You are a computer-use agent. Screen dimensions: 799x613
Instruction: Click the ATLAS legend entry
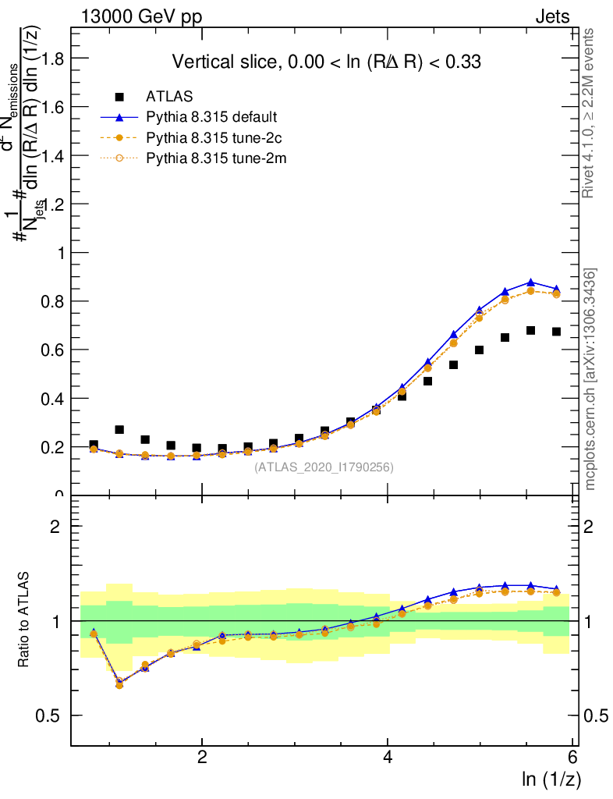[x=164, y=97]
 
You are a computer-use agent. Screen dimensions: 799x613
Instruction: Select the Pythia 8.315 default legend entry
[x=211, y=117]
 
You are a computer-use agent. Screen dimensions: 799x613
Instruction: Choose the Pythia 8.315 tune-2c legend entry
[x=211, y=138]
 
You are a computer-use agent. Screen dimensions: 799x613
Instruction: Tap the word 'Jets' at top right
[x=552, y=16]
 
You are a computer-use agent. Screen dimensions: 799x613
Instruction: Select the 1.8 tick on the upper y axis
[x=52, y=59]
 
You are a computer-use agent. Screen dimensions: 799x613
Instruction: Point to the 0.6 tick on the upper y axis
[x=52, y=350]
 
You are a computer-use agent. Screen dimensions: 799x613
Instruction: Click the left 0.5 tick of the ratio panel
[x=52, y=716]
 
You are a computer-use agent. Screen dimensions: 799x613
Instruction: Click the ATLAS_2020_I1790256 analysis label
[x=324, y=467]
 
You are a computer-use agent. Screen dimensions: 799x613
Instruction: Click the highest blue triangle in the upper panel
[x=530, y=282]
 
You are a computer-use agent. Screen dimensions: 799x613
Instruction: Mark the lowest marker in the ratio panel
[x=119, y=684]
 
